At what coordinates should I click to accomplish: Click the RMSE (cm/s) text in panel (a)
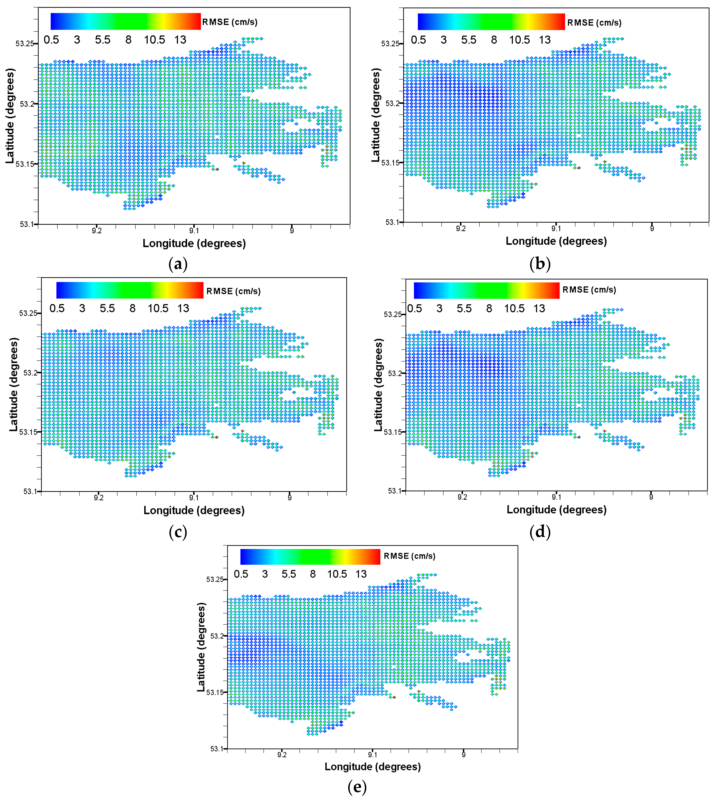point(230,22)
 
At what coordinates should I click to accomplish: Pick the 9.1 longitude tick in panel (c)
point(194,498)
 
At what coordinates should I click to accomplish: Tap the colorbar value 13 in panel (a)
point(180,40)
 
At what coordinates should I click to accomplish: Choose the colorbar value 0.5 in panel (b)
point(418,40)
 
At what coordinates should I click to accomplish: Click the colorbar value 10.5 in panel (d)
point(514,308)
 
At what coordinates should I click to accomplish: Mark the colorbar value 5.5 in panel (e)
point(289,574)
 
